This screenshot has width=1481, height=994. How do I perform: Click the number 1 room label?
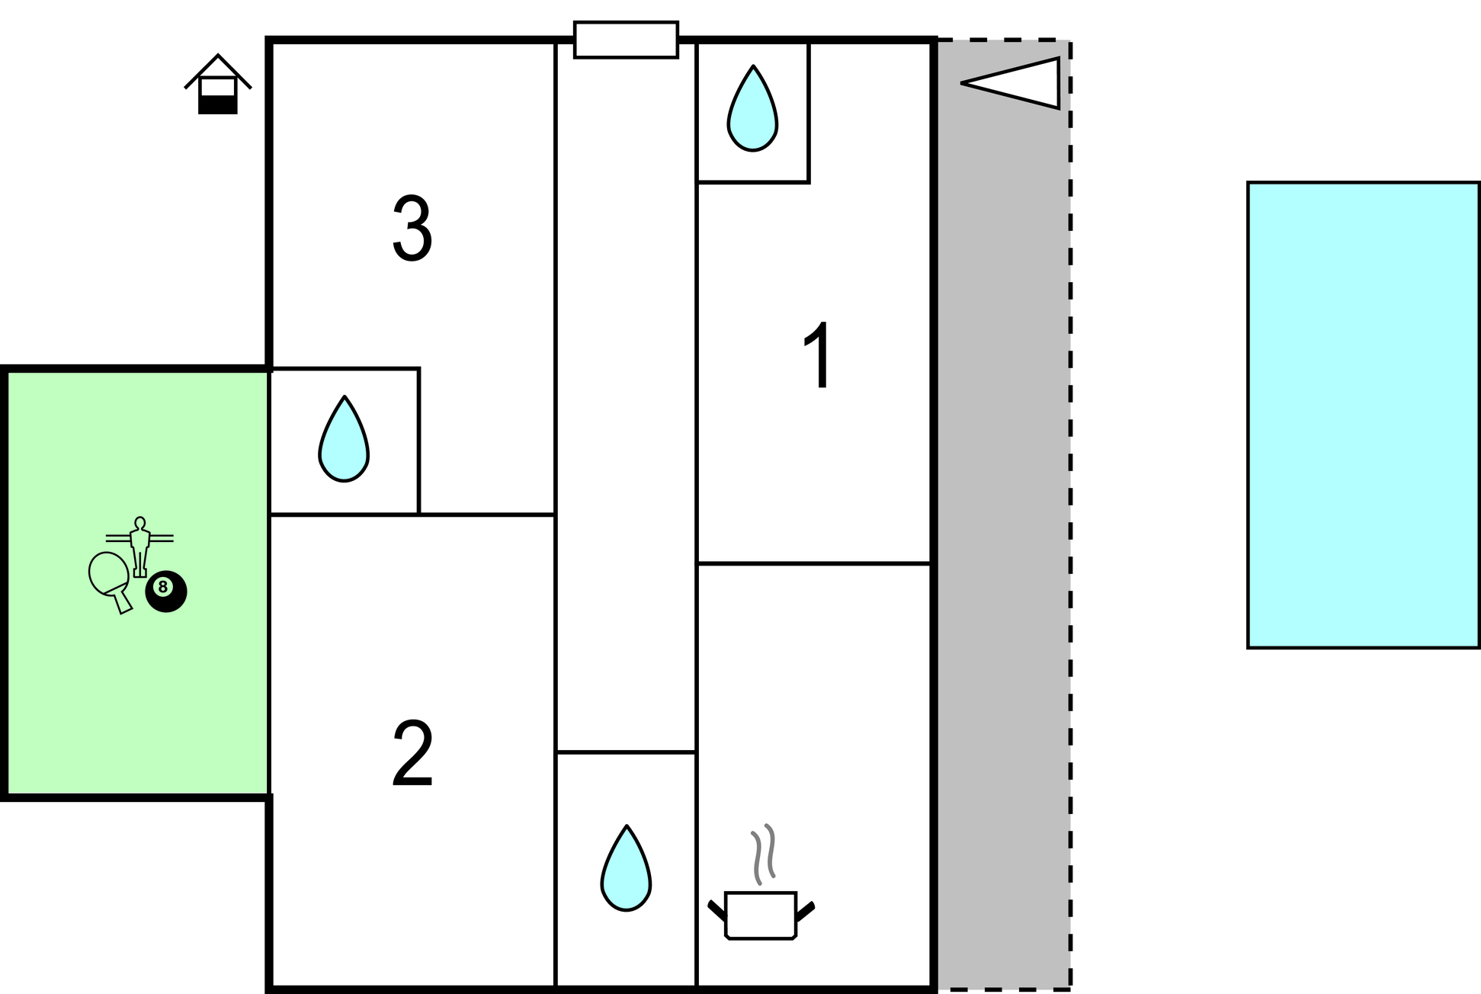[x=818, y=355]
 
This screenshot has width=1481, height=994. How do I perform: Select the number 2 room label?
[x=412, y=753]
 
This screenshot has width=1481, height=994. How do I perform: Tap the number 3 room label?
[x=412, y=228]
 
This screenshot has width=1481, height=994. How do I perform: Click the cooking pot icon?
[x=761, y=915]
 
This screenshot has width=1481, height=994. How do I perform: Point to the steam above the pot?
[x=763, y=854]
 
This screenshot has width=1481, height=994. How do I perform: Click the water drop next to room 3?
[x=344, y=439]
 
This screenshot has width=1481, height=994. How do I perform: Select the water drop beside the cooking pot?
[x=626, y=868]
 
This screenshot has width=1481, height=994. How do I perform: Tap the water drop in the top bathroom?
[x=753, y=108]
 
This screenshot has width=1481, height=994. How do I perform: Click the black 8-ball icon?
[x=166, y=591]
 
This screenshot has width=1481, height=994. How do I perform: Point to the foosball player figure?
[x=139, y=547]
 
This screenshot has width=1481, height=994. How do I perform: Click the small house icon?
[x=218, y=84]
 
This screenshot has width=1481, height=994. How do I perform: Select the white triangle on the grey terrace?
[x=1011, y=83]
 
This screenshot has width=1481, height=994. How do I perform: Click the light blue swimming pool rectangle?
[x=1363, y=415]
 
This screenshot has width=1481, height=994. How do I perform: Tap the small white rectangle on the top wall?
[x=626, y=40]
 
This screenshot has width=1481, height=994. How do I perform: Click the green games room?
[x=137, y=583]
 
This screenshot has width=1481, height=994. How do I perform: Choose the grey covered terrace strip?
[x=1003, y=515]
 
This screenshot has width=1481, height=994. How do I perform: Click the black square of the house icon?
[x=218, y=104]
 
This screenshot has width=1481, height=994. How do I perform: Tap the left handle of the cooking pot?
[x=716, y=911]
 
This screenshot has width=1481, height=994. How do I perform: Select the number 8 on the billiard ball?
[x=162, y=587]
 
